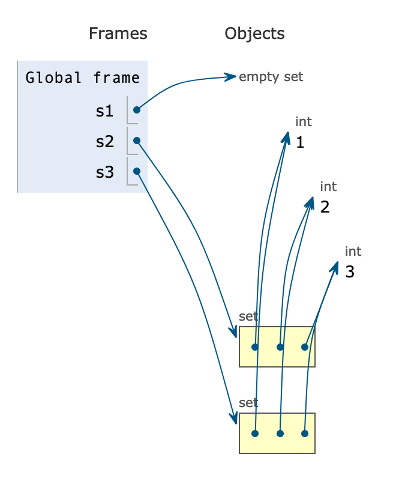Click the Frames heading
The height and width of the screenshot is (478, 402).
(118, 33)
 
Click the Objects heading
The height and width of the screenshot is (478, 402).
(254, 33)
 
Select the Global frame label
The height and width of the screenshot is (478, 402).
(83, 77)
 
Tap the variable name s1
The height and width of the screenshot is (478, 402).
(104, 110)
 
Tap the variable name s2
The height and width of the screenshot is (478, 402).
(104, 142)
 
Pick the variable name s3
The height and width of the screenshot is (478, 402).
(104, 172)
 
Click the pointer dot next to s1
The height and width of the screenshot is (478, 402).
(137, 110)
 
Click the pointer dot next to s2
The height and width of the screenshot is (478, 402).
(137, 141)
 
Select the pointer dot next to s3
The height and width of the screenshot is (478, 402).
(137, 172)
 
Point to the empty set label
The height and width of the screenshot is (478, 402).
(271, 77)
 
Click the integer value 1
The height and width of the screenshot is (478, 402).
(300, 143)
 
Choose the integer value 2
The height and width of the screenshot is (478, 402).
(325, 208)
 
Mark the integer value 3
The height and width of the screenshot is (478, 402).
(350, 272)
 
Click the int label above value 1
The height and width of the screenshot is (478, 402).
(304, 122)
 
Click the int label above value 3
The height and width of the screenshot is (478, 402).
(353, 251)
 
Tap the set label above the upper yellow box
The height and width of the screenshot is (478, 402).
(248, 316)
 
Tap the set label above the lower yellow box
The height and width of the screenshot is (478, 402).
(248, 402)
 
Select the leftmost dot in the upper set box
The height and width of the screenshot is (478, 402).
(255, 347)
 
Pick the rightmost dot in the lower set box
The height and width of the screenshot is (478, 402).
(305, 433)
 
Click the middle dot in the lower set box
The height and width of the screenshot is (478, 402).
(280, 433)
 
